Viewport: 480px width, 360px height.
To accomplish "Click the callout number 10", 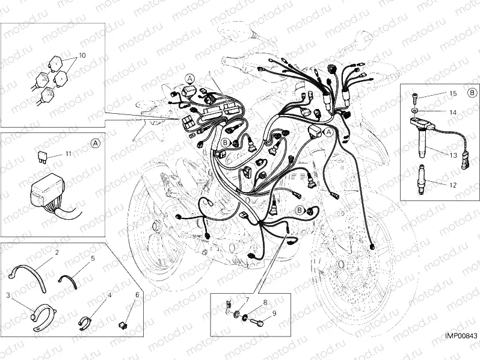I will click(x=82, y=55).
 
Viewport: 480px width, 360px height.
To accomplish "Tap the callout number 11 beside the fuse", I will click(x=68, y=154).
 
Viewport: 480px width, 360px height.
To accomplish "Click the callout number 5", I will click(x=93, y=258).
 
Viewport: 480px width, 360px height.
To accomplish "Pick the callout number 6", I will click(x=137, y=294).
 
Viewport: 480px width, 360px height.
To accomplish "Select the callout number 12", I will click(x=452, y=185).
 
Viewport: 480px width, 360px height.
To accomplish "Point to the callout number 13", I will click(x=452, y=155).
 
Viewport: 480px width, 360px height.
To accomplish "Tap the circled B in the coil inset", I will click(x=472, y=93).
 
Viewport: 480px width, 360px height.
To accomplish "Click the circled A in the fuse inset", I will click(x=96, y=143).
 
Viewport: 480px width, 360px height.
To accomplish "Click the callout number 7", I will click(x=247, y=299).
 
